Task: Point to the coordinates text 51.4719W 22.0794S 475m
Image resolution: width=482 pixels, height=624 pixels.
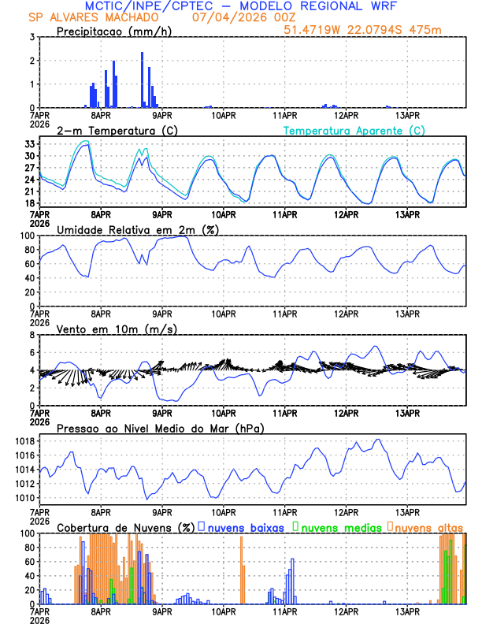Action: point(375,29)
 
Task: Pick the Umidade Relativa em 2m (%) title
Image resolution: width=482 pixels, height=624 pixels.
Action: point(138,229)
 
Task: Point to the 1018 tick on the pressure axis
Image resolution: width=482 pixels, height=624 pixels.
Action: point(25,441)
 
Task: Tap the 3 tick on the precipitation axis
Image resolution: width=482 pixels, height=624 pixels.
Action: point(32,37)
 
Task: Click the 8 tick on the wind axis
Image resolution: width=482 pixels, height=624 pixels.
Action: point(32,335)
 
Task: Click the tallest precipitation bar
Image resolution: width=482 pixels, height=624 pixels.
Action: point(143,80)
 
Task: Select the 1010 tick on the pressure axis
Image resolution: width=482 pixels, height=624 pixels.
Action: point(25,498)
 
